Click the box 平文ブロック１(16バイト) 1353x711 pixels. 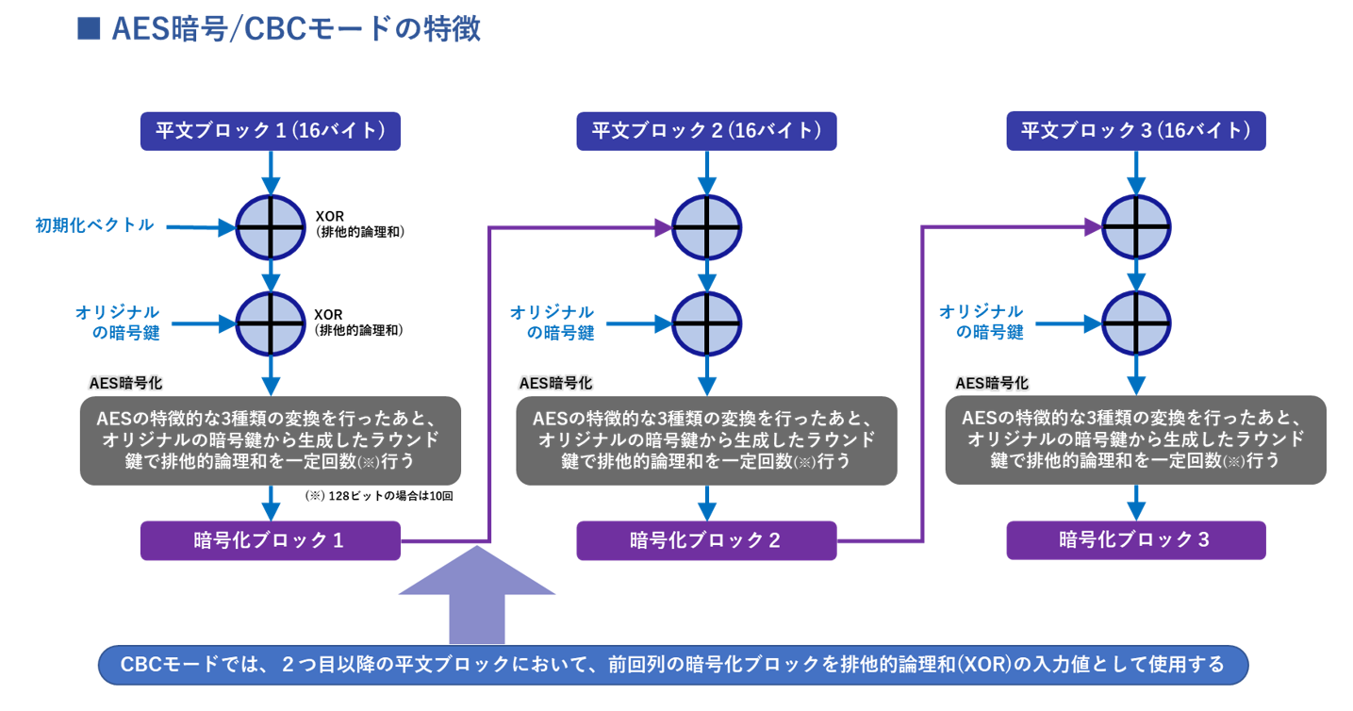point(271,131)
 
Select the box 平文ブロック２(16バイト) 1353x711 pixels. point(706,131)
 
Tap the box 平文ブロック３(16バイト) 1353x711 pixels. point(1136,131)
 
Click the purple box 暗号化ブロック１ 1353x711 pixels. point(271,540)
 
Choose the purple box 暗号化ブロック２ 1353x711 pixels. point(706,540)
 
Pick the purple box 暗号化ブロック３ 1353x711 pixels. point(1136,540)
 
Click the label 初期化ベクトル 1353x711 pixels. point(94,225)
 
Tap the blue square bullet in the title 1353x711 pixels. point(89,29)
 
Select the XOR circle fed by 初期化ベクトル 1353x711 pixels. point(272,227)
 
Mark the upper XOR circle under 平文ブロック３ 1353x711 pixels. point(1137,227)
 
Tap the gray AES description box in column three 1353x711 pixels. point(1136,440)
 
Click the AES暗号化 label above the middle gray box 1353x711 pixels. point(555,384)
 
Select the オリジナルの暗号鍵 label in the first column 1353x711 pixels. point(118,322)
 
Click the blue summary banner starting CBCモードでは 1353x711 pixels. point(673,666)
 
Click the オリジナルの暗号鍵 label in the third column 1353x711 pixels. point(982,322)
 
